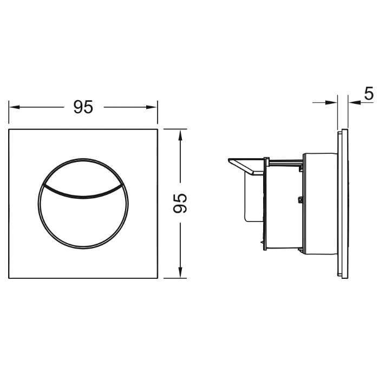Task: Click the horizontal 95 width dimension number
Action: point(83,107)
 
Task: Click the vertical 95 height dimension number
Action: point(180,203)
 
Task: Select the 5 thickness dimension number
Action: point(369,94)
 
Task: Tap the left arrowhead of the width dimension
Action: point(14,107)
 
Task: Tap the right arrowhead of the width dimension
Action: point(152,107)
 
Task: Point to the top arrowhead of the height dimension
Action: point(180,135)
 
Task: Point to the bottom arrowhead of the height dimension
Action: point(180,272)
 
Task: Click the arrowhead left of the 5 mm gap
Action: point(331,103)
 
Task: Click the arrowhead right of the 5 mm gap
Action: point(354,103)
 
